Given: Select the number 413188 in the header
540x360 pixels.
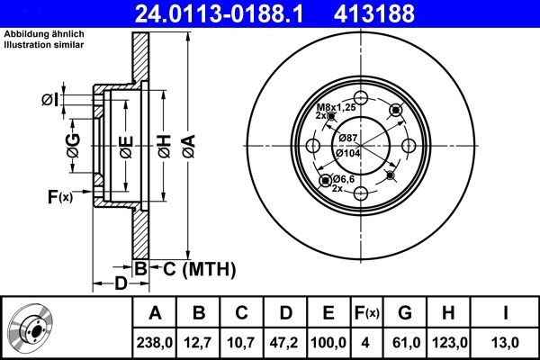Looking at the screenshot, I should [x=400, y=13].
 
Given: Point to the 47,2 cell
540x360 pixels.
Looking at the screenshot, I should [x=286, y=341].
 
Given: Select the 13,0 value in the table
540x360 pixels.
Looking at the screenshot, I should [x=507, y=341].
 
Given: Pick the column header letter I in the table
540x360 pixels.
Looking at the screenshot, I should [x=507, y=313].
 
